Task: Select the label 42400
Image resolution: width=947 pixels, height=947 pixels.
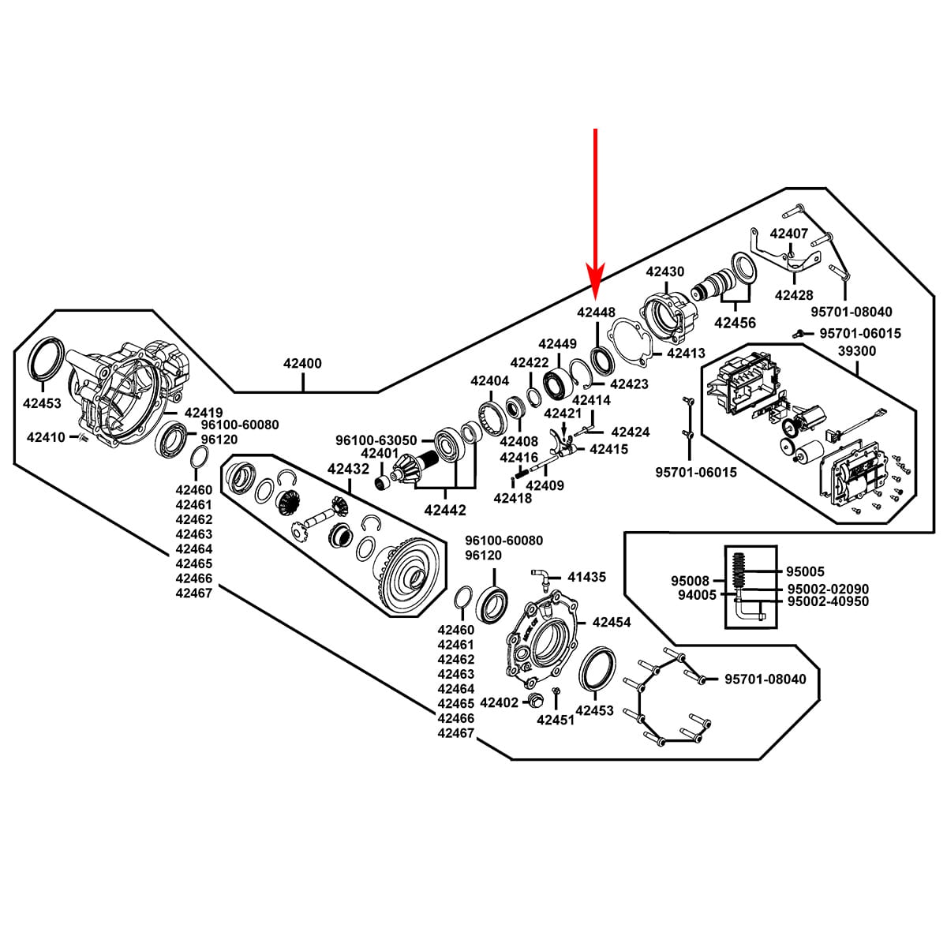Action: click(302, 364)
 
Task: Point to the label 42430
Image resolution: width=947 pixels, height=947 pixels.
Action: click(664, 271)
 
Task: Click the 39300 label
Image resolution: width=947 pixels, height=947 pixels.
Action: click(856, 350)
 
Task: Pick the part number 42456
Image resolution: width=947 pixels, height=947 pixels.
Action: click(734, 322)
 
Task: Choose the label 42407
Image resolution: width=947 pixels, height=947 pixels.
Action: click(788, 234)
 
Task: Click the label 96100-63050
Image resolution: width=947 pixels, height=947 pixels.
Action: click(376, 440)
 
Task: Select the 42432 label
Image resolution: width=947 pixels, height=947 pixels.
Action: click(348, 469)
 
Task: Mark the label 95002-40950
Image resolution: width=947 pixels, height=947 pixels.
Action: click(828, 601)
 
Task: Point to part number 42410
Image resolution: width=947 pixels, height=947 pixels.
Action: click(46, 436)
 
